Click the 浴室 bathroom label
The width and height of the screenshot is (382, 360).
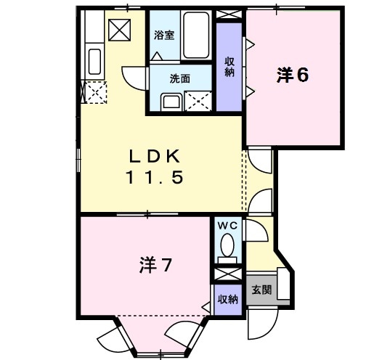(163, 35)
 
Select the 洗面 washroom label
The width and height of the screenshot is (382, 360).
(180, 79)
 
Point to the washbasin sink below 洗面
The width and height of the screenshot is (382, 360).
(171, 101)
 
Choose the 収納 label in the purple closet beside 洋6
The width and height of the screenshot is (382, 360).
(229, 67)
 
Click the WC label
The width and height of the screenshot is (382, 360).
(228, 225)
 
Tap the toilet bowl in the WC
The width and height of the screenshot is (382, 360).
(228, 245)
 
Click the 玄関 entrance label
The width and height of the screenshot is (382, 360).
(261, 289)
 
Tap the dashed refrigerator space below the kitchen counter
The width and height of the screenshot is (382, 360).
(94, 92)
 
